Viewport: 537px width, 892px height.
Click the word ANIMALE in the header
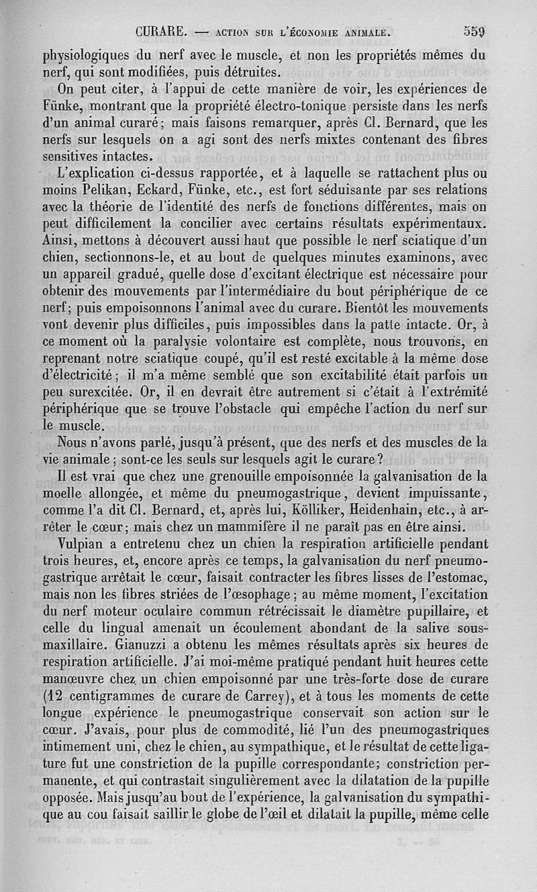[363, 32]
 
